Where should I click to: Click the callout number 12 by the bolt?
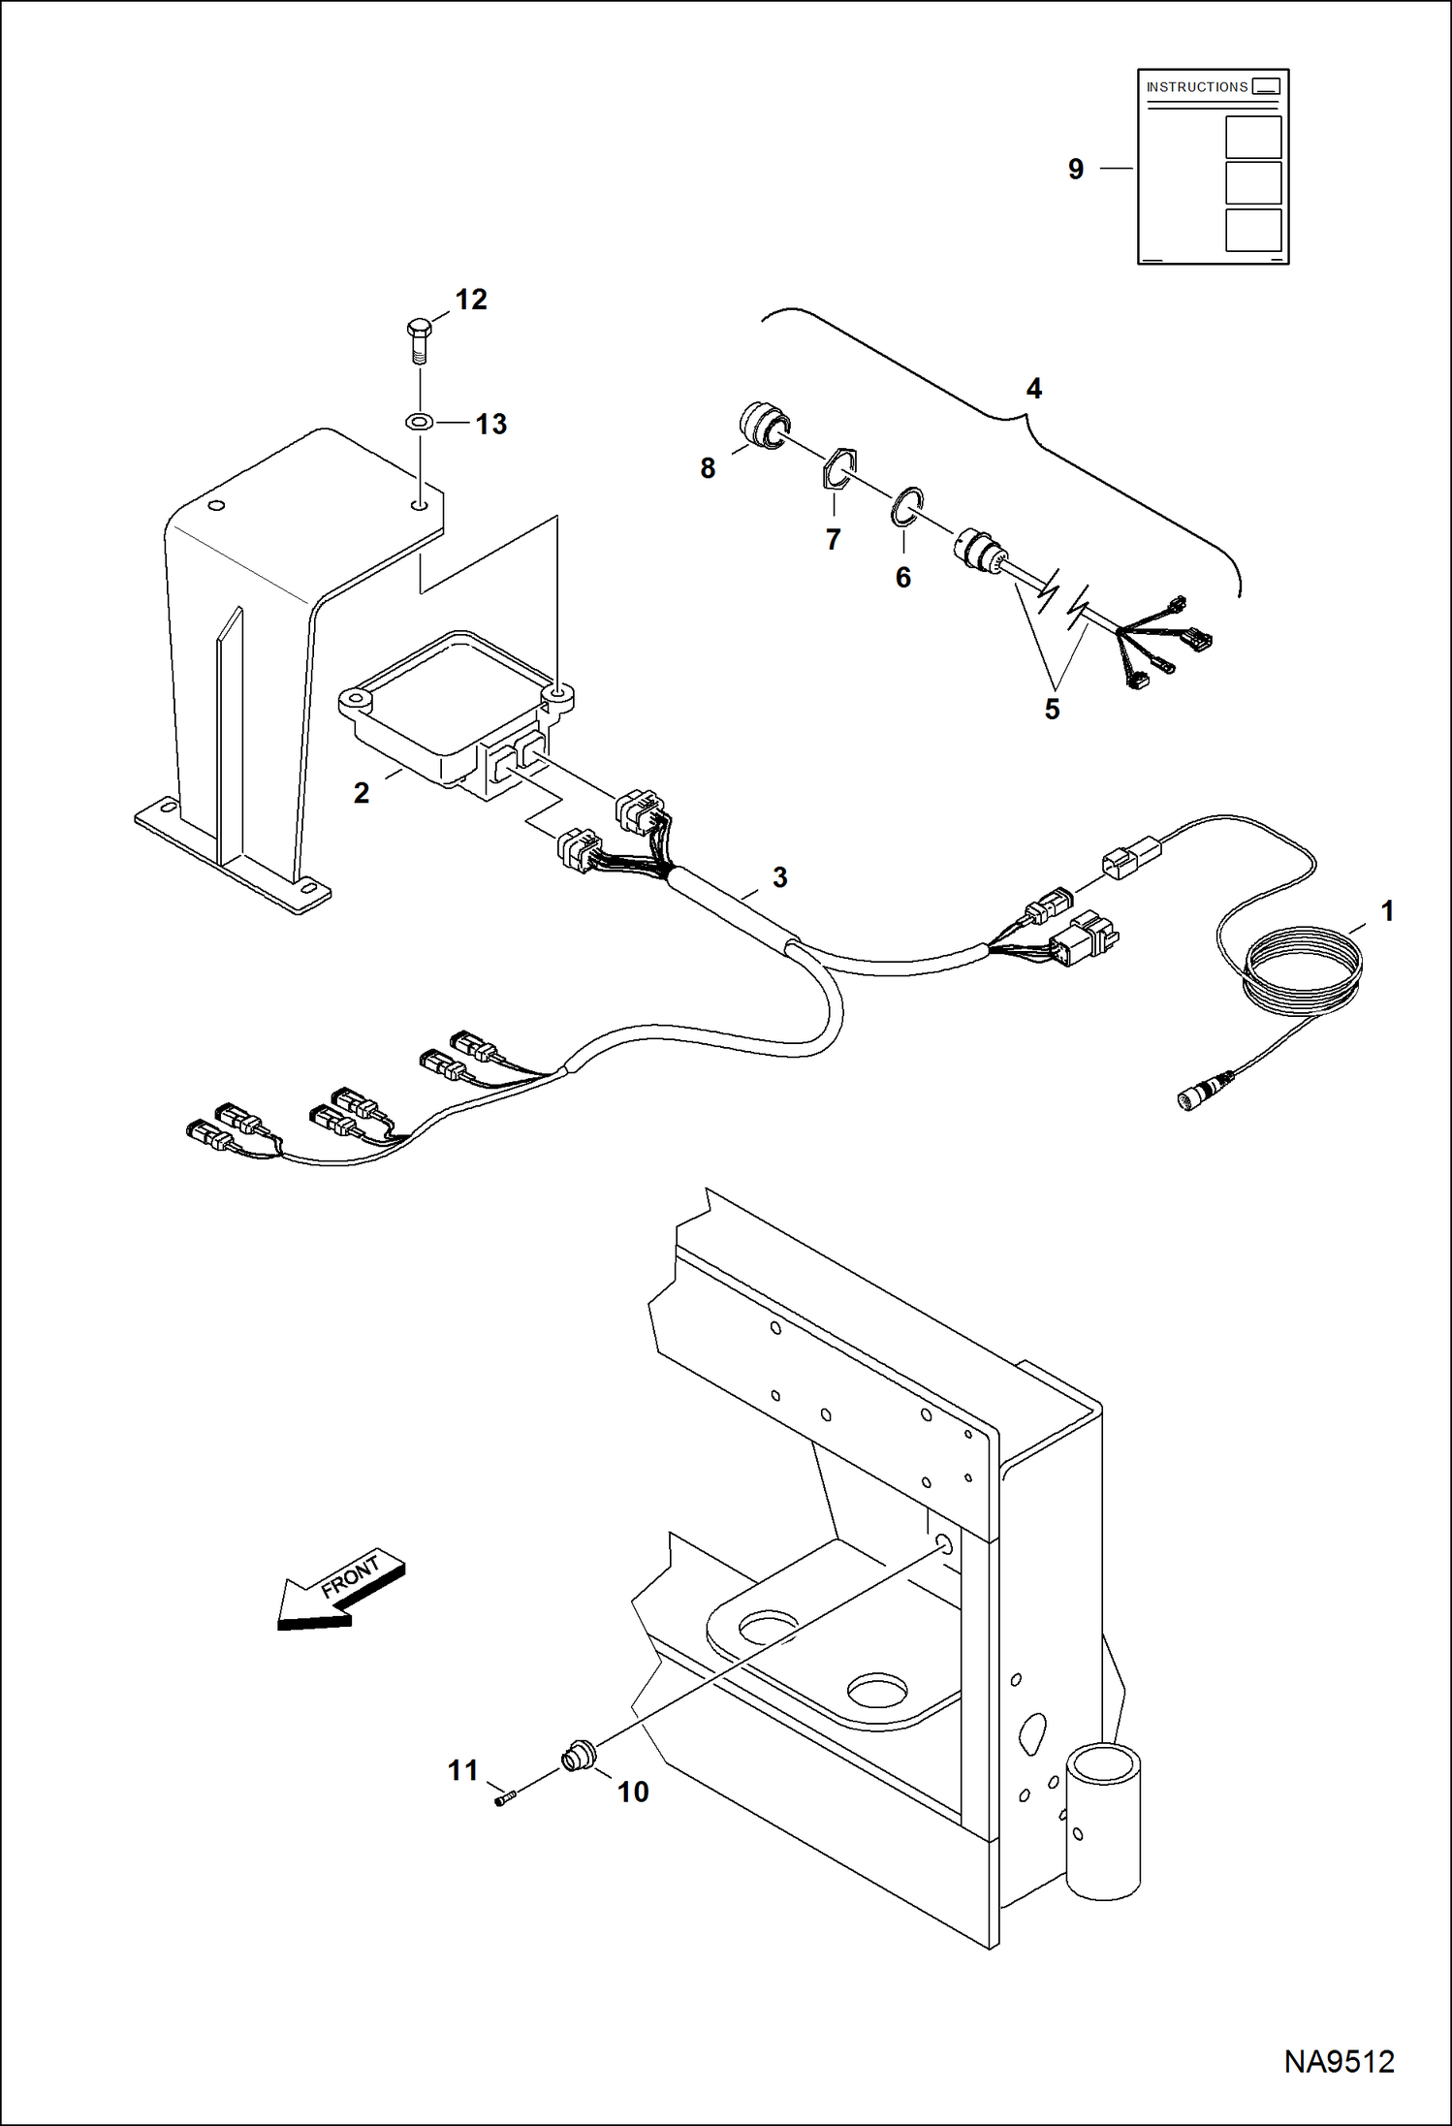click(x=471, y=300)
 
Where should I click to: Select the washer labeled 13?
click(x=420, y=423)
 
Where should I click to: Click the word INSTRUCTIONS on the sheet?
click(x=1197, y=87)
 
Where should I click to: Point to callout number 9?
click(x=1076, y=169)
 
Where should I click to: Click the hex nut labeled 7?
click(x=838, y=470)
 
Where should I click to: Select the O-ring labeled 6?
click(x=907, y=507)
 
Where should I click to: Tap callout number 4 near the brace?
click(x=1034, y=389)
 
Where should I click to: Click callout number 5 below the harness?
click(x=1052, y=709)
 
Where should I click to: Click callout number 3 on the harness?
click(x=779, y=877)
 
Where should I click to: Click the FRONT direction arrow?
click(x=339, y=1591)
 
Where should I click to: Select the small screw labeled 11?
click(x=502, y=1800)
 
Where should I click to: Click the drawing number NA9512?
click(x=1339, y=2061)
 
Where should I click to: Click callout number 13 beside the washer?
click(x=491, y=424)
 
